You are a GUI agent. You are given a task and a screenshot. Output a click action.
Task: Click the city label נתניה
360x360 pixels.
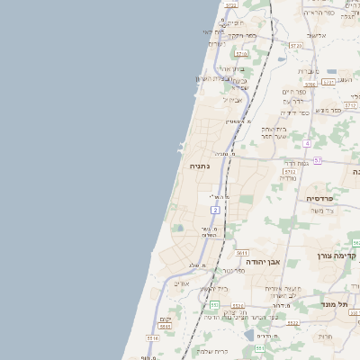click(x=199, y=167)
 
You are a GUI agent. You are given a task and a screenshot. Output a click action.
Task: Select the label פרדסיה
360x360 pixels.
click(x=319, y=198)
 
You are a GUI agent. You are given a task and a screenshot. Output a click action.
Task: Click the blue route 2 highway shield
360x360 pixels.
click(x=216, y=210)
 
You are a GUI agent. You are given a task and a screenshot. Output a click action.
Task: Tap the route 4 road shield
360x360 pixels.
click(x=307, y=143)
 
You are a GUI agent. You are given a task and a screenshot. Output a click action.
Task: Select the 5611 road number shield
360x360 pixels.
click(x=242, y=255)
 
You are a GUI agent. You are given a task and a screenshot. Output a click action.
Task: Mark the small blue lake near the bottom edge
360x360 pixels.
click(x=248, y=337)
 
